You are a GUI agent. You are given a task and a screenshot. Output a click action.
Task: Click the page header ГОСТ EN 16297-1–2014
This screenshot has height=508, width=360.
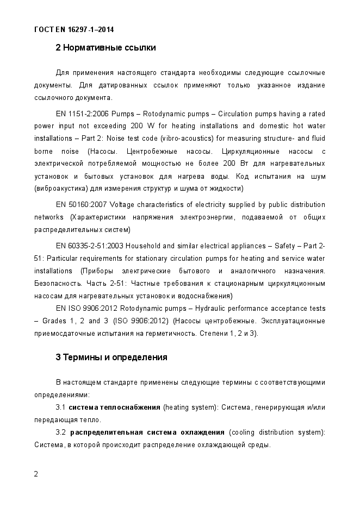pos(73,29)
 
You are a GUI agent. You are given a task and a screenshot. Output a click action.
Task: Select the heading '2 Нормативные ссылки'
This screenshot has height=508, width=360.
pos(105,48)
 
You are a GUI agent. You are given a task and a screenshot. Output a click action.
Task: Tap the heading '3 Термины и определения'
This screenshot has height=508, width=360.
pos(111,358)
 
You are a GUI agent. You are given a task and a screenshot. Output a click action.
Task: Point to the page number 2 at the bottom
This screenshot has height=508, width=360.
pos(36,474)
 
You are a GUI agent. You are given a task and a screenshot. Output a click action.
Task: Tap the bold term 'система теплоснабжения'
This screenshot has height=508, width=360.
pos(114,407)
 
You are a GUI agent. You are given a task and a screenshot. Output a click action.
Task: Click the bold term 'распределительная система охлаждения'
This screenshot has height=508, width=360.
pos(147,432)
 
